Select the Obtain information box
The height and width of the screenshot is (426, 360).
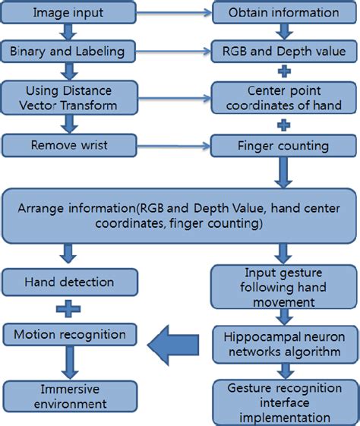(x=283, y=12)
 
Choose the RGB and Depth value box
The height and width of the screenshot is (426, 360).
(x=283, y=52)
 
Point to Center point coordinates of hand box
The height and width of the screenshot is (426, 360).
(x=283, y=97)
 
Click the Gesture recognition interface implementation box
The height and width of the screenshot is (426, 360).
(x=283, y=402)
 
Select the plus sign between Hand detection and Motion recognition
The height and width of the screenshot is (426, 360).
(x=68, y=308)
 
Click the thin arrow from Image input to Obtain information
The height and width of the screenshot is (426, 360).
(x=172, y=13)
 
